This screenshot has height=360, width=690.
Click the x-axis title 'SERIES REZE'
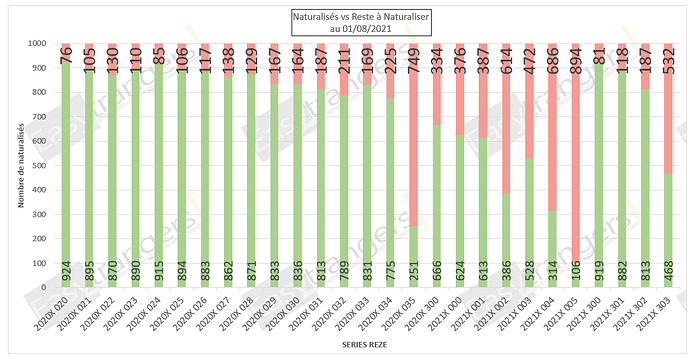click(346, 346)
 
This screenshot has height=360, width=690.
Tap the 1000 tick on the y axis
click(45, 44)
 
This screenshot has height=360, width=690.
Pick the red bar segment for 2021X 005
click(574, 150)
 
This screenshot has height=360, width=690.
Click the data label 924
click(66, 272)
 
